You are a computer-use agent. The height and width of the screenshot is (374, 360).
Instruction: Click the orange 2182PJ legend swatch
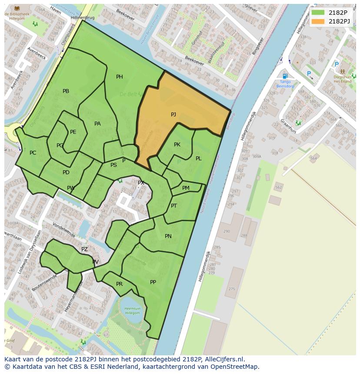(x=318, y=21)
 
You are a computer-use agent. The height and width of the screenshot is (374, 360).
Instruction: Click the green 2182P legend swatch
(x=318, y=12)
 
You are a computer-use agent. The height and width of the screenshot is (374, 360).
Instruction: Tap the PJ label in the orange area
(x=173, y=115)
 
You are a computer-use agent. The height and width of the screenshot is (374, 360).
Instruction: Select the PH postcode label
(x=119, y=77)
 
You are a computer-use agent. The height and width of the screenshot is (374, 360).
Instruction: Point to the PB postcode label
(x=66, y=91)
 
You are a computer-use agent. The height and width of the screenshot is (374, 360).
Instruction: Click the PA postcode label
(x=97, y=124)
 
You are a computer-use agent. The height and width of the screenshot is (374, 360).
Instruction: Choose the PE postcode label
(x=73, y=132)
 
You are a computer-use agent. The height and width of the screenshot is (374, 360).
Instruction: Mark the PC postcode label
(x=33, y=153)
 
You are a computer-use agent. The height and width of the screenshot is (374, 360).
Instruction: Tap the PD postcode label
(x=66, y=172)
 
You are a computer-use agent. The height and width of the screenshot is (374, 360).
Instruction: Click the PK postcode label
(x=177, y=145)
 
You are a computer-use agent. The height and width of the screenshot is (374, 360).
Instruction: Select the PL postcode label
(x=198, y=159)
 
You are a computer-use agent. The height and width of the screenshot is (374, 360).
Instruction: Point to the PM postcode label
(x=186, y=188)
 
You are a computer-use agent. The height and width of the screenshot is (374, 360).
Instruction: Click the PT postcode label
(x=174, y=206)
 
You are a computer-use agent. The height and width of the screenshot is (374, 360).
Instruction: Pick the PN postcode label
(x=168, y=236)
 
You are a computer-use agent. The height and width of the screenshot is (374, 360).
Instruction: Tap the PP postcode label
(x=153, y=282)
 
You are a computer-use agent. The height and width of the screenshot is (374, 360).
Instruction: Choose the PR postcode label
(x=119, y=284)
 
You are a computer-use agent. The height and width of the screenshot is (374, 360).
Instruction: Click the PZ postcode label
(x=84, y=249)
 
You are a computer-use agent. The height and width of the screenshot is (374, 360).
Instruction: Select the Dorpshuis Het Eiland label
(x=342, y=79)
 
